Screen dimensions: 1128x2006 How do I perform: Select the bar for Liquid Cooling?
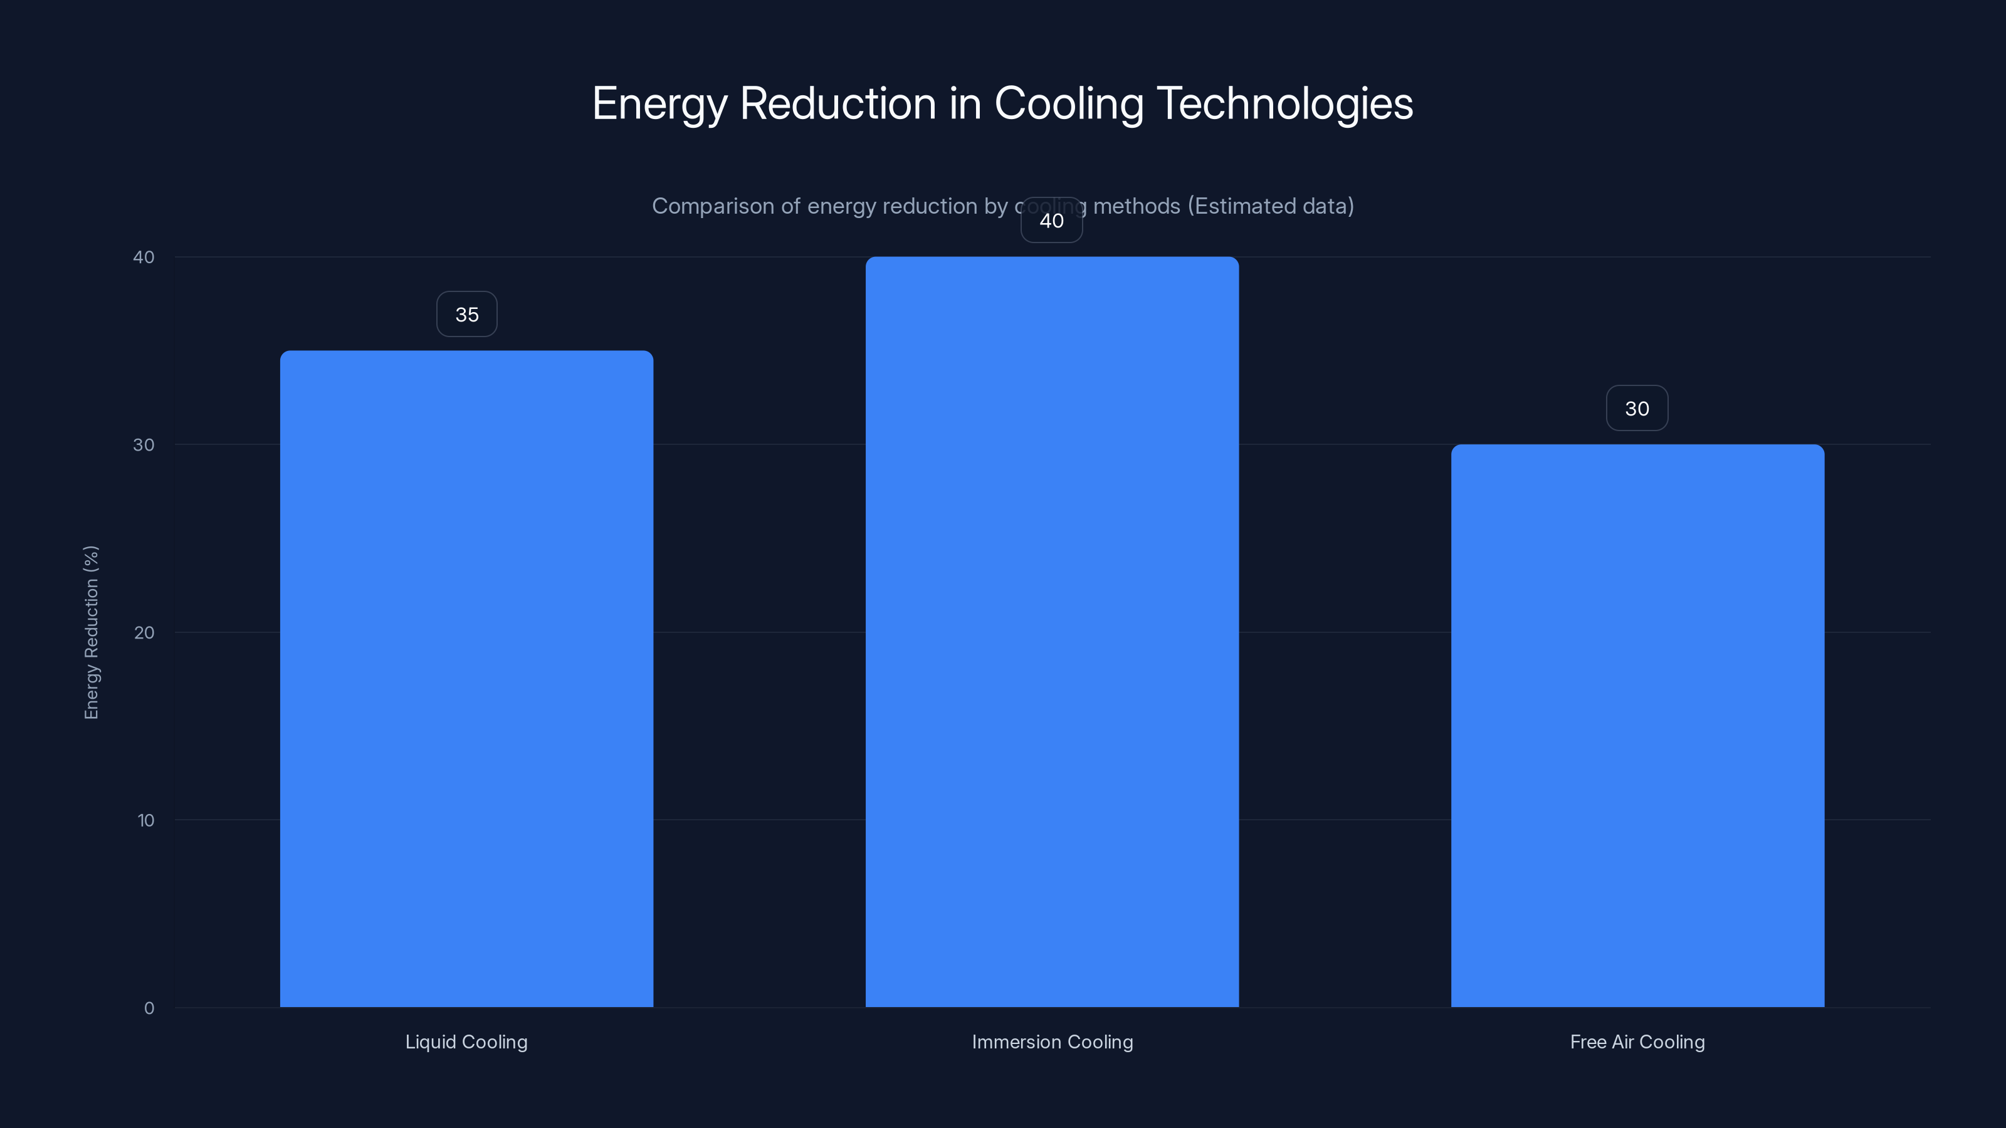pos(466,677)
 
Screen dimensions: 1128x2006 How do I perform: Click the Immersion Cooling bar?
pos(1052,630)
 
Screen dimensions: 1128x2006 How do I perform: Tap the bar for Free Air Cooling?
pos(1637,724)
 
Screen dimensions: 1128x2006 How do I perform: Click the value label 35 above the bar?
pos(466,315)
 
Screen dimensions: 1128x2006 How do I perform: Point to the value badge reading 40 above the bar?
pos(1051,221)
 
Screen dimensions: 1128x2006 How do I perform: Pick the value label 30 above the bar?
pos(1637,409)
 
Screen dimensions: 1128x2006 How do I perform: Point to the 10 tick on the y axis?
pos(145,820)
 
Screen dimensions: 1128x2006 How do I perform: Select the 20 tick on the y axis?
pos(144,633)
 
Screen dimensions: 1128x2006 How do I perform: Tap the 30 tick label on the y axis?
pos(144,444)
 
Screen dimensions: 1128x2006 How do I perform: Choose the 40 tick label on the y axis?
pos(144,257)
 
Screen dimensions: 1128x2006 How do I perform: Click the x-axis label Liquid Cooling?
pos(466,1042)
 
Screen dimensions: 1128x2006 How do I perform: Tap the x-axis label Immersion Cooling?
pos(1052,1042)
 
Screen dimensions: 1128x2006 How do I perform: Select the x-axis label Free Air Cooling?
pos(1637,1042)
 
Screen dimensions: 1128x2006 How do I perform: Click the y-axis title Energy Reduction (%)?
pos(91,632)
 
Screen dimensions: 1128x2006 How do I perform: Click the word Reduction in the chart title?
pos(838,103)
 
